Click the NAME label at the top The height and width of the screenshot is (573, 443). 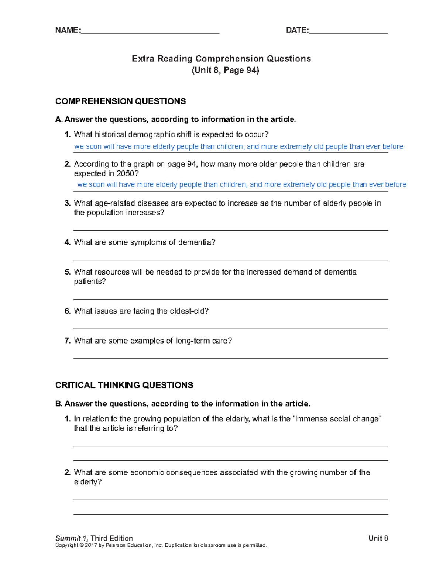[67, 30]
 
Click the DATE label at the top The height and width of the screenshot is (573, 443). [297, 30]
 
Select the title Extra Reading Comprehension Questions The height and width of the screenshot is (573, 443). [221, 59]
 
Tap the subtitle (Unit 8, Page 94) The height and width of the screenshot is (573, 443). [225, 70]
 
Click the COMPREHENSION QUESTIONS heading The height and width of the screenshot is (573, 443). [120, 101]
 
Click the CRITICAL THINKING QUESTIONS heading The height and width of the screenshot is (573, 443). [124, 385]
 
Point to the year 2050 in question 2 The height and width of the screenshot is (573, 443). [126, 173]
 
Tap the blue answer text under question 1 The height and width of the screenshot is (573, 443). [238, 146]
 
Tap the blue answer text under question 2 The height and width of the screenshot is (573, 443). [241, 184]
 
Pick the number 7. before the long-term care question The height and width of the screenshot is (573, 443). [68, 341]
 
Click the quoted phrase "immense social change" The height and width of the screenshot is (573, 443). [336, 419]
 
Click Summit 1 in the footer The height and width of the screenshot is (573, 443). [72, 538]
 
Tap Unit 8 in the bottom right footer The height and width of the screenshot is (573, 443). [378, 538]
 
